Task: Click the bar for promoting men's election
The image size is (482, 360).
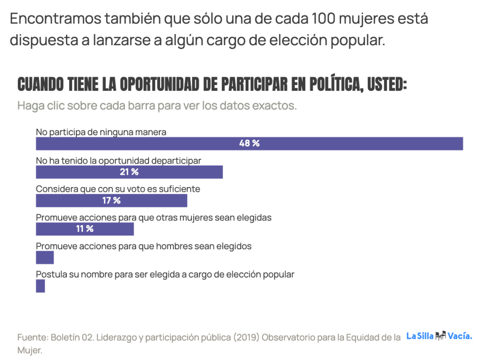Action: pos(45,258)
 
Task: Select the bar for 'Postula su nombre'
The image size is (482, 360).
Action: pos(41,286)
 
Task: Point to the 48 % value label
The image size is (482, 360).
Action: pos(249,144)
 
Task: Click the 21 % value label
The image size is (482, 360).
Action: pos(129,172)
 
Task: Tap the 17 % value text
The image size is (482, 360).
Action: pos(111,201)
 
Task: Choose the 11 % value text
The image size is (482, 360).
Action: pos(85,229)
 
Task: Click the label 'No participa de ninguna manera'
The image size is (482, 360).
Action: pos(101,132)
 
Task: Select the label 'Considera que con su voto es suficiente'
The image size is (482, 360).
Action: pos(118,189)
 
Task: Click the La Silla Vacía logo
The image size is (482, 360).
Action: pos(439,336)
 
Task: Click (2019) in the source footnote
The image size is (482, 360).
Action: pos(245,337)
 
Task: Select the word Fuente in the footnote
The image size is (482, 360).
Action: pos(32,337)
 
